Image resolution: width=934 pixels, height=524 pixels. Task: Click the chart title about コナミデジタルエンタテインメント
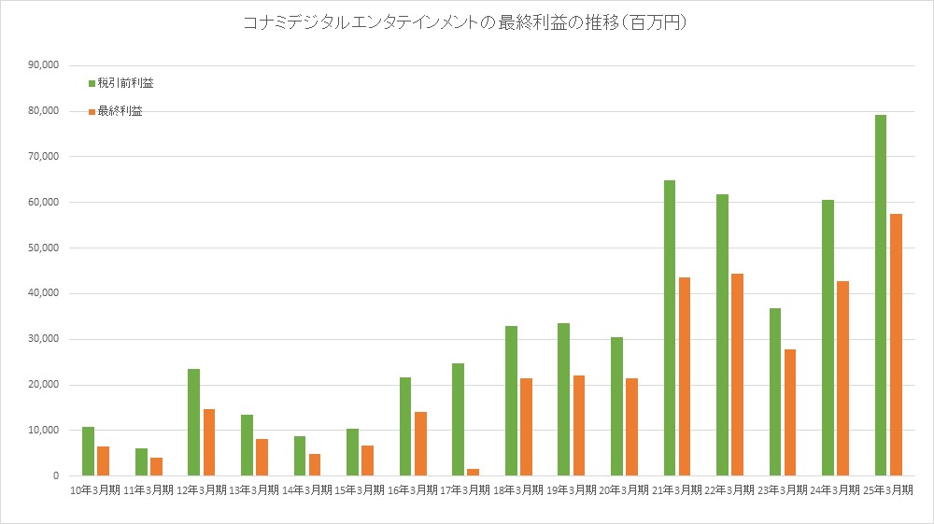(466, 23)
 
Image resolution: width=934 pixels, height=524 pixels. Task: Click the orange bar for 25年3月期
(897, 345)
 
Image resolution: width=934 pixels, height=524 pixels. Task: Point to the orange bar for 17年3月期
(474, 472)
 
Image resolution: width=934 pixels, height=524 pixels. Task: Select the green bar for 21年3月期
(670, 328)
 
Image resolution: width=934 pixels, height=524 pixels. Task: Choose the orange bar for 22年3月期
(738, 375)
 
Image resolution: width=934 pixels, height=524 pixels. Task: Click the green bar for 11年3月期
(141, 462)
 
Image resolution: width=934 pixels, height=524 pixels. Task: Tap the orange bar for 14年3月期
(315, 465)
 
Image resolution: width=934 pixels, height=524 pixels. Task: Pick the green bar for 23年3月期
(775, 392)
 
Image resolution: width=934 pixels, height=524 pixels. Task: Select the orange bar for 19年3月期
(579, 426)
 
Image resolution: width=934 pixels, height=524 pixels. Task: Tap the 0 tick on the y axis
(57, 476)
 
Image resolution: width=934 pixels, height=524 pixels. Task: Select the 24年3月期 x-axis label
(835, 489)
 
